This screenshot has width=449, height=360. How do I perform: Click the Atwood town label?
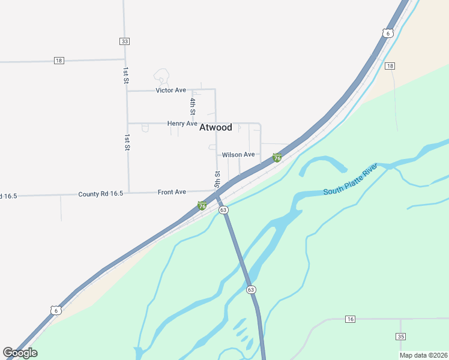click(215, 127)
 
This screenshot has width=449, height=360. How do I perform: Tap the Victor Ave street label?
click(170, 90)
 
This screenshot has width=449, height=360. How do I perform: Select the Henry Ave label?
click(182, 124)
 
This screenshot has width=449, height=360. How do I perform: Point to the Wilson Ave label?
click(238, 155)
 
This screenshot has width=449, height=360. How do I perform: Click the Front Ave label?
click(172, 192)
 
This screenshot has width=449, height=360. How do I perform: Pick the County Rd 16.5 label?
click(100, 194)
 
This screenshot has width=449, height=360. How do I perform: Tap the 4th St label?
click(193, 106)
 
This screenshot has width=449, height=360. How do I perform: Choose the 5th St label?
click(217, 178)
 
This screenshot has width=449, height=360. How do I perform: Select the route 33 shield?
click(124, 41)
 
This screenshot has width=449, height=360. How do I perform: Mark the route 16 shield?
click(350, 319)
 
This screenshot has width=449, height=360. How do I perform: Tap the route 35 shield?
click(400, 336)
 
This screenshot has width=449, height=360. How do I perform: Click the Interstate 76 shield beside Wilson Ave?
click(277, 158)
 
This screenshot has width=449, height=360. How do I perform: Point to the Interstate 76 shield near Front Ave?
click(202, 206)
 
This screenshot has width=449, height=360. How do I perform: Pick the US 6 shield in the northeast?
click(388, 33)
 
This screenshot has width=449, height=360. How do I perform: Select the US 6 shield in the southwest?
click(55, 310)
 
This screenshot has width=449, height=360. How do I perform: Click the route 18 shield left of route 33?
click(58, 61)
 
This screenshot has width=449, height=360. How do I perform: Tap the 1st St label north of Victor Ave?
click(126, 76)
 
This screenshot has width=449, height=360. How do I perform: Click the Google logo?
click(20, 353)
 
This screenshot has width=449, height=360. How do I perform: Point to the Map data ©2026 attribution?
click(423, 355)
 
